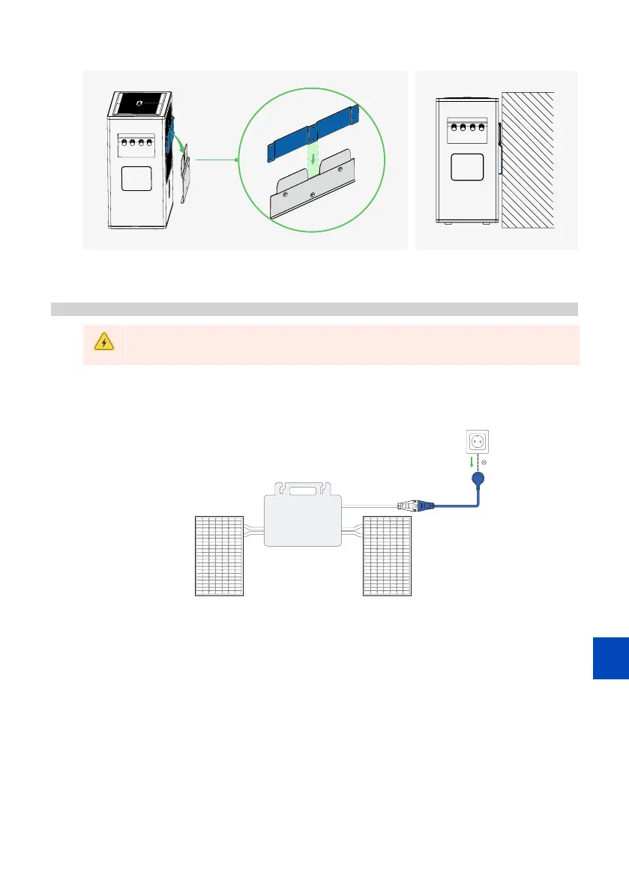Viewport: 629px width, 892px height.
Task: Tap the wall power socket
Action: [x=474, y=443]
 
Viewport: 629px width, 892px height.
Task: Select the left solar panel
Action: [x=220, y=556]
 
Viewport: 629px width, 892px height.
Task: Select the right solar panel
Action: [x=387, y=556]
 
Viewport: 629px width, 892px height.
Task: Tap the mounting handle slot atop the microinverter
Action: [x=304, y=492]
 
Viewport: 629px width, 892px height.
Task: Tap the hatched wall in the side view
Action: [x=529, y=160]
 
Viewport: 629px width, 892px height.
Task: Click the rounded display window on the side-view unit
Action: [x=466, y=167]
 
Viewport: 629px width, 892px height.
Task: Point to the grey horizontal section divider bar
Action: [x=314, y=309]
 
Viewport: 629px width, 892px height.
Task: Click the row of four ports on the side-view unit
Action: [x=467, y=127]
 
